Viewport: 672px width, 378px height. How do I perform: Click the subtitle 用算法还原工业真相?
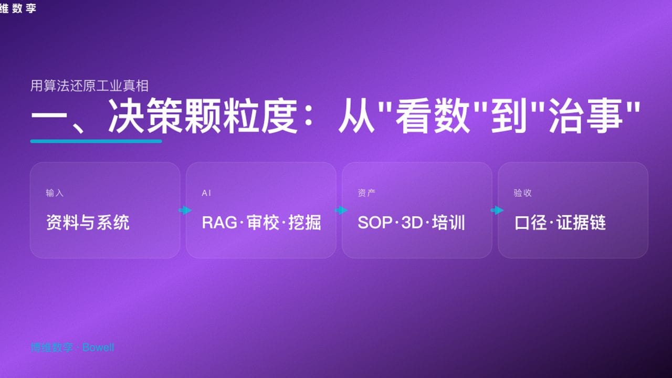click(x=90, y=86)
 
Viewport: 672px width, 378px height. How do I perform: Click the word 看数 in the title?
click(x=433, y=118)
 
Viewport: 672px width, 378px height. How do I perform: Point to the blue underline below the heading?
click(x=96, y=141)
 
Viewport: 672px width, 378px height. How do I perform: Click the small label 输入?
click(x=55, y=193)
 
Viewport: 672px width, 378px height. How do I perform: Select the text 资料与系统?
click(x=88, y=223)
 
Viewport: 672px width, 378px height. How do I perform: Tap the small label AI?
click(x=206, y=193)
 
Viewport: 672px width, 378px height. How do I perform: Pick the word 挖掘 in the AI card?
click(x=305, y=223)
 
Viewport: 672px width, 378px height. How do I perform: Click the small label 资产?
click(x=366, y=193)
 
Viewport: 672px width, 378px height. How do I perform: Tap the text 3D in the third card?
click(x=412, y=223)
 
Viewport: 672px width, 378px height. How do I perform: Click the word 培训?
click(x=448, y=223)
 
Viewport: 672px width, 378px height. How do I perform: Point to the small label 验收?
click(x=522, y=193)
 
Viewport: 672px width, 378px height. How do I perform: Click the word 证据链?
click(x=581, y=223)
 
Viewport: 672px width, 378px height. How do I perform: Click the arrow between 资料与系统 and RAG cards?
click(x=185, y=211)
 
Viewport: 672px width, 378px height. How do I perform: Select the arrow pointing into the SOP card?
click(x=341, y=211)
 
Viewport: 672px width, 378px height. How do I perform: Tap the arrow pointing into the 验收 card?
click(x=497, y=211)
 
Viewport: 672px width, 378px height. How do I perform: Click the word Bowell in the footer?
click(x=98, y=348)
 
